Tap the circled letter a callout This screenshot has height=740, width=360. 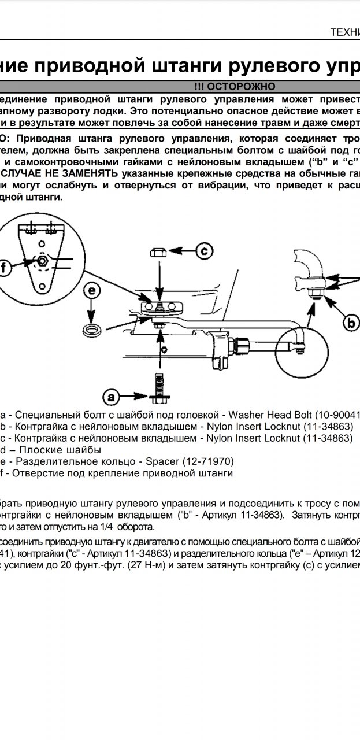click(x=111, y=397)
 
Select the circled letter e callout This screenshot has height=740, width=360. click(x=90, y=291)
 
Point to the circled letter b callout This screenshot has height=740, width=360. click(x=350, y=323)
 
